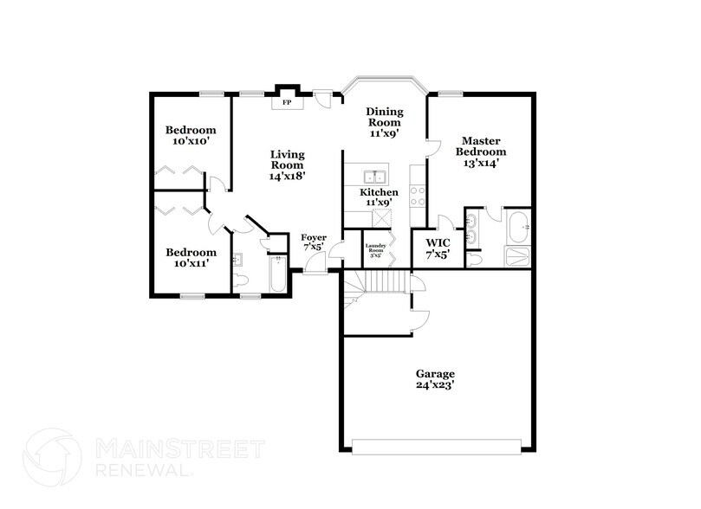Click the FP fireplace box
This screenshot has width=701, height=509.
click(x=287, y=102)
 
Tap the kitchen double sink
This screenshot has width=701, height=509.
click(x=374, y=174)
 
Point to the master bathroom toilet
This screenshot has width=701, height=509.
click(x=475, y=258)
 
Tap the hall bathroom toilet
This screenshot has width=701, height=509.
click(x=242, y=280)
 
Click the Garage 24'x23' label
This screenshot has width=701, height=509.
click(x=434, y=380)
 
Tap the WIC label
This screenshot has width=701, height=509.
click(x=436, y=242)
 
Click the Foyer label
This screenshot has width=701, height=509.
click(x=314, y=237)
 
